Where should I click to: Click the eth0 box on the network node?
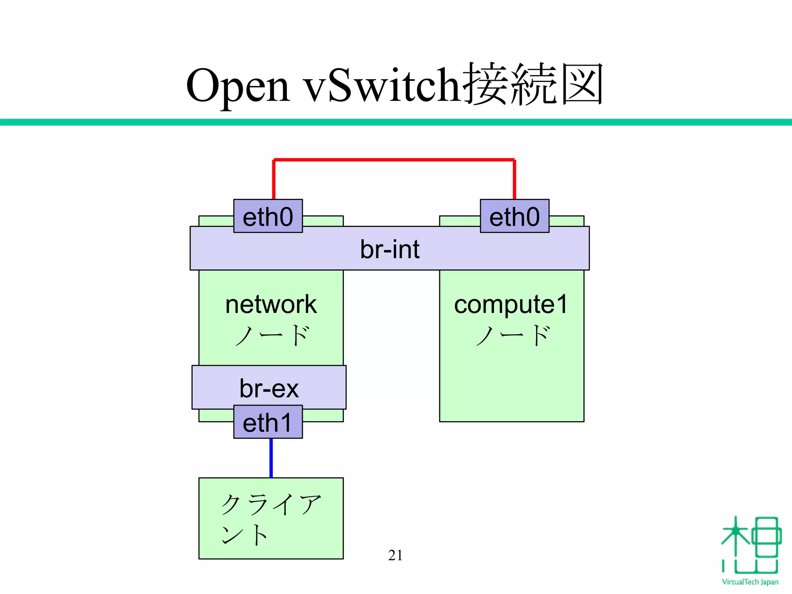point(268,216)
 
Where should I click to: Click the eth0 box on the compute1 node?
point(514,216)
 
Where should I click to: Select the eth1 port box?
point(268,422)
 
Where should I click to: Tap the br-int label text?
point(389,249)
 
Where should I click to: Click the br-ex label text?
point(269,388)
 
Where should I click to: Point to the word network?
point(271,304)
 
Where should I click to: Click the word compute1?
point(510,304)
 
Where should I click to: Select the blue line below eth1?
point(271,458)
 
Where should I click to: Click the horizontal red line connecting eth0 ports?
point(394,159)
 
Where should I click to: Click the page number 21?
point(395,555)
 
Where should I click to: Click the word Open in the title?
point(237,86)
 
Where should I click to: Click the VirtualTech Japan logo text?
point(750,582)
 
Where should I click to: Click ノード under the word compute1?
point(512,335)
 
